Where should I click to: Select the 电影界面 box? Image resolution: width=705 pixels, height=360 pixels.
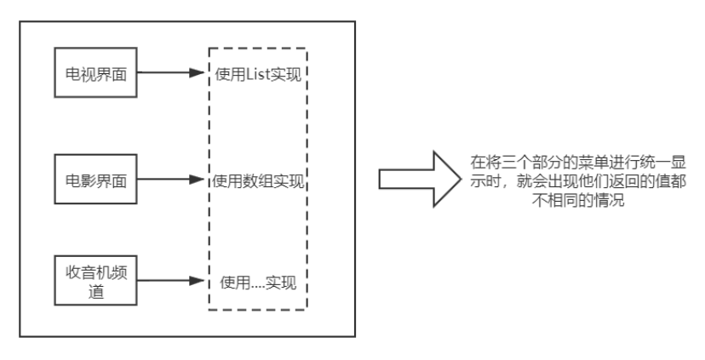click(95, 179)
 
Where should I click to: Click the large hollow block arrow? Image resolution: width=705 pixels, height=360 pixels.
click(413, 179)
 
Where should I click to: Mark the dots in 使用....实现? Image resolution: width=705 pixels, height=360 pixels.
click(254, 283)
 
